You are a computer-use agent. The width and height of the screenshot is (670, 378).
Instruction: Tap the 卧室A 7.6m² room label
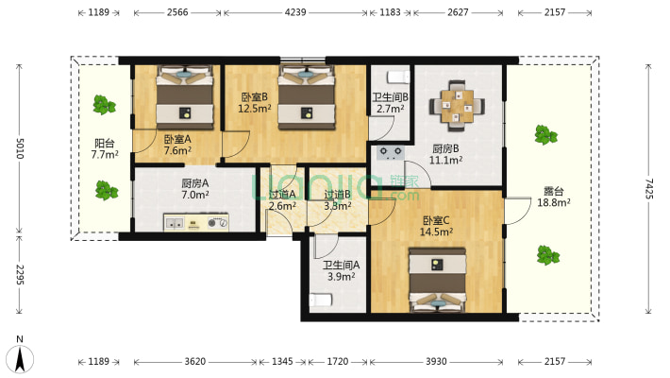177,145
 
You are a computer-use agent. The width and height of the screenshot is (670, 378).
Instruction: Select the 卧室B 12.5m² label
254,103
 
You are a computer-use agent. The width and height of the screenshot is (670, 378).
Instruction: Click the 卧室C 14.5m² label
436,226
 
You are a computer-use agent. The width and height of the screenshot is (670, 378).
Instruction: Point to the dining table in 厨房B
458,105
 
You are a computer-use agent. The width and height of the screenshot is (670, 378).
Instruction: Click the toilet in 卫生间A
321,300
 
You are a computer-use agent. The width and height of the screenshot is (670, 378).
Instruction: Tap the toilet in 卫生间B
398,77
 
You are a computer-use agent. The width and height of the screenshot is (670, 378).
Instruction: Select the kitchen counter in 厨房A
196,223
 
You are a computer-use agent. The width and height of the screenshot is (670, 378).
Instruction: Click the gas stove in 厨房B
391,152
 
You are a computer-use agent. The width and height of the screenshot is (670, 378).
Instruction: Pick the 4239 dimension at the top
295,12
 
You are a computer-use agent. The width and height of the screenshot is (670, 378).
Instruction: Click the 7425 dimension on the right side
649,188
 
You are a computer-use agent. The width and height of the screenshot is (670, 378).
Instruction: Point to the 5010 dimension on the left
20,148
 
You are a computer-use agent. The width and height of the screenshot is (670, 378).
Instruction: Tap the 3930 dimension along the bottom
436,362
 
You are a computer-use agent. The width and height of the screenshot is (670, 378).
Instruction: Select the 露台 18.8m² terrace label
553,197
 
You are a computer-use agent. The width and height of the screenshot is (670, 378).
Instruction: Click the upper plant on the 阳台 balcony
104,105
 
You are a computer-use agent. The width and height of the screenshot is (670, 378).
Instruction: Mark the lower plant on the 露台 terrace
547,255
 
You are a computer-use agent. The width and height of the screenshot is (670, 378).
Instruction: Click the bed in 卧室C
437,281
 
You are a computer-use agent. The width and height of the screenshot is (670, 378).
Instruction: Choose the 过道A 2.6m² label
282,200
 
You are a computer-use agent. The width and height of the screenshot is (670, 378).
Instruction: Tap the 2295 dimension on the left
20,275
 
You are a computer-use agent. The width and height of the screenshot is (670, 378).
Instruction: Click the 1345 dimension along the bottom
282,362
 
